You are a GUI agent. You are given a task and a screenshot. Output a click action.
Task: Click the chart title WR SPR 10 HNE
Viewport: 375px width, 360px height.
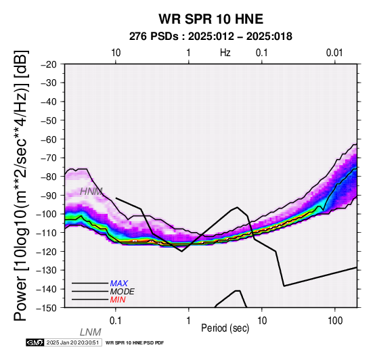211,19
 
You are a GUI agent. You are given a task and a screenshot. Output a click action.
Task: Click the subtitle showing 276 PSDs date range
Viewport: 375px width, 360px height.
211,37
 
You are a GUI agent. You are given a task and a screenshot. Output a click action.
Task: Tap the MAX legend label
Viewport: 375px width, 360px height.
119,284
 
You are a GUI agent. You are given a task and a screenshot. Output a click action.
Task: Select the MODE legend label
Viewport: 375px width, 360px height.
123,292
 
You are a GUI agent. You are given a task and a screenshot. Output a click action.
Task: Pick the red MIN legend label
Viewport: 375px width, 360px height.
118,300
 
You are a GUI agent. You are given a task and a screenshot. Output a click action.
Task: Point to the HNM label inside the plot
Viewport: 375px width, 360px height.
91,192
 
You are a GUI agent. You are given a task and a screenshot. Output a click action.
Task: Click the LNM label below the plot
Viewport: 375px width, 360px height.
91,332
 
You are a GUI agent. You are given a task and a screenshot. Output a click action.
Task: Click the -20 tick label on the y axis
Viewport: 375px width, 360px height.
49,64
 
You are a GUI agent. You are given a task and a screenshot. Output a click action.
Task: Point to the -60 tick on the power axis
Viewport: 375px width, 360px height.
49,139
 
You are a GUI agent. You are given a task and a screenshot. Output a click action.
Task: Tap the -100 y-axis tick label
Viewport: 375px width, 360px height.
46,214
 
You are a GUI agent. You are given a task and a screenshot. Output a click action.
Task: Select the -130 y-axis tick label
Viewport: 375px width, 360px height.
46,270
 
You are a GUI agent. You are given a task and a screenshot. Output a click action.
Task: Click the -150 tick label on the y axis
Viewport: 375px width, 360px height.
46,308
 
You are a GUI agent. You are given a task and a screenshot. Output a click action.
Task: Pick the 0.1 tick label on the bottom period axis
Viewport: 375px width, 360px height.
116,321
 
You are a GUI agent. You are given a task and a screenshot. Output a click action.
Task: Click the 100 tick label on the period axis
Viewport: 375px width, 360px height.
335,321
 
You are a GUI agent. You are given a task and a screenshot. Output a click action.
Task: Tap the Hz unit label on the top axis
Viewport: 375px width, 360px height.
225,53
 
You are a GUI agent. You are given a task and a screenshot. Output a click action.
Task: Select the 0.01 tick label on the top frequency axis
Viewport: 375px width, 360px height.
334,53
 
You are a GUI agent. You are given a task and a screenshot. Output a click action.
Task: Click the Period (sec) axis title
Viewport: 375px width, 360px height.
225,328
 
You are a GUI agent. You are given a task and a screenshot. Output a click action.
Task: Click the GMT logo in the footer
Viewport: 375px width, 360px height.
35,342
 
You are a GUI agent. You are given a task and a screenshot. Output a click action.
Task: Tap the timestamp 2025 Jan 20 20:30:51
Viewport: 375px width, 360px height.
72,342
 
